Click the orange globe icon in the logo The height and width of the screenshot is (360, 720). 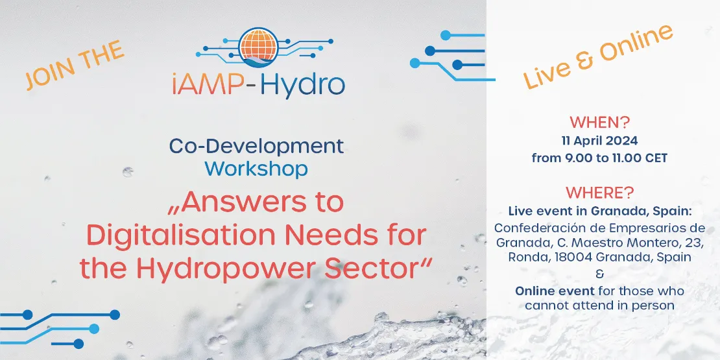258,46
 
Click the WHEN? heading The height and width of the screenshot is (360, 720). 599,122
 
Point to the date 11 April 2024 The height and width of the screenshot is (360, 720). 599,141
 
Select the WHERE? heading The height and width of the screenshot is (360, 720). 599,193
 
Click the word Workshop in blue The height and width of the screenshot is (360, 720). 256,169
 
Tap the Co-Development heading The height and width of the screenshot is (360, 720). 256,146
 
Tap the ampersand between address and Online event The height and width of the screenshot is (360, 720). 599,274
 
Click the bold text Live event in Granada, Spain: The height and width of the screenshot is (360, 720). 599,211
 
